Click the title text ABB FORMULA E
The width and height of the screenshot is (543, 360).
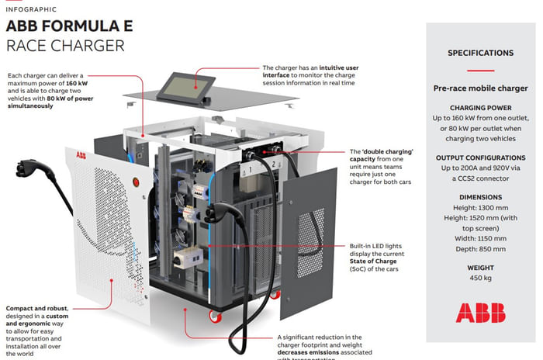tap(69, 26)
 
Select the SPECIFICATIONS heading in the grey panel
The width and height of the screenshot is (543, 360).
tap(480, 54)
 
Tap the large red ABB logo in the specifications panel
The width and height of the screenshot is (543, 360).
tap(480, 313)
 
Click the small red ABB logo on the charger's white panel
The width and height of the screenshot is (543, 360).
tap(82, 154)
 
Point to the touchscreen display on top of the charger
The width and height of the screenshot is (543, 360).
tap(182, 82)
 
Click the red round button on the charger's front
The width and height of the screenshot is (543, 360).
tap(137, 184)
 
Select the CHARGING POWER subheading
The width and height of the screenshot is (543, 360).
tap(480, 108)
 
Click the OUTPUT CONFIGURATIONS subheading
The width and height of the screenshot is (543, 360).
tap(480, 156)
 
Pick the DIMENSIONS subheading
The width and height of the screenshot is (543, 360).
tap(480, 197)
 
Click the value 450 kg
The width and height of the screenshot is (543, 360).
tap(480, 278)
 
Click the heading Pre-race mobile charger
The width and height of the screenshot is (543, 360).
tap(480, 88)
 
